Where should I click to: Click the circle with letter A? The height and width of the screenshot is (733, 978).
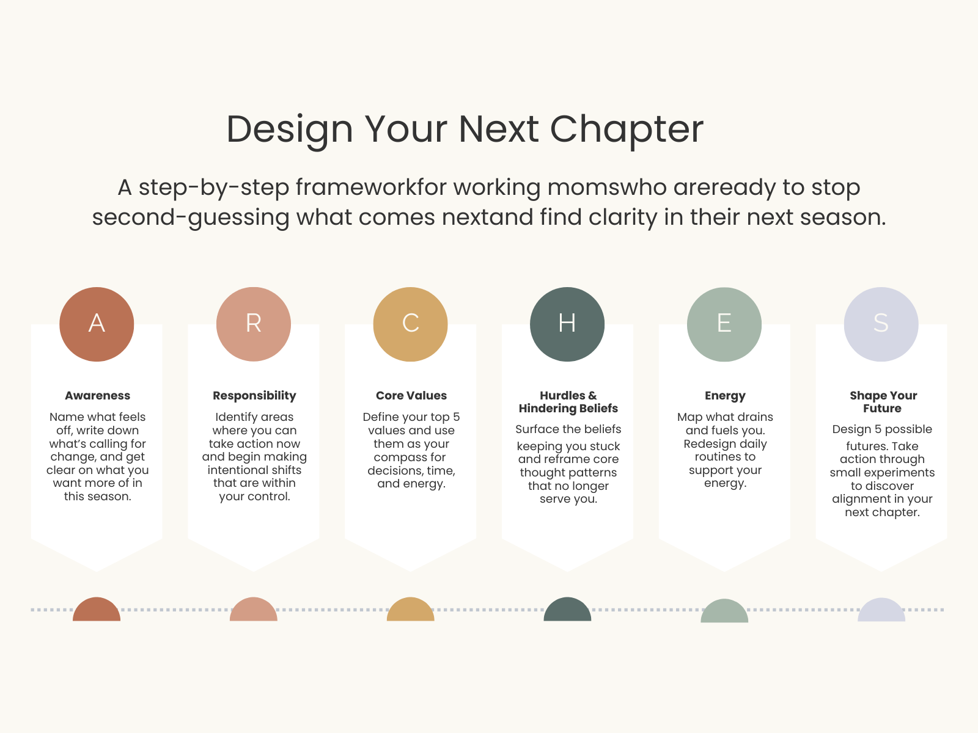coord(97,324)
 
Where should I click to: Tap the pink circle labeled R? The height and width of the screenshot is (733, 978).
coord(254,324)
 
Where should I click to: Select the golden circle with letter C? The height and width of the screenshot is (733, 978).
coord(410,324)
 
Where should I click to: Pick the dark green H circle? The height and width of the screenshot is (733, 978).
coord(567,324)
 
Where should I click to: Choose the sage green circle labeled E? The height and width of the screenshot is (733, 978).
coord(724,324)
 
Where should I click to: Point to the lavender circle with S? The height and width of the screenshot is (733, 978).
coord(881,324)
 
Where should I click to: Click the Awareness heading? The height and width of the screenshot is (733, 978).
coord(98,395)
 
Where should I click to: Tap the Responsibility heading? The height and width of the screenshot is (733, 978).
coord(254,396)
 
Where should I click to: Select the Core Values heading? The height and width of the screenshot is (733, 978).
coord(411,395)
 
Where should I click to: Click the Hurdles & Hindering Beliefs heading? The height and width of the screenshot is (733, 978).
coord(568,402)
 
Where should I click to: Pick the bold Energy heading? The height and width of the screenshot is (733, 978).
coord(725,396)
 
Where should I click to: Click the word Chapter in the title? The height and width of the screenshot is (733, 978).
coord(627,130)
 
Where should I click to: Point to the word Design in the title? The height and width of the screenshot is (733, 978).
coord(290,130)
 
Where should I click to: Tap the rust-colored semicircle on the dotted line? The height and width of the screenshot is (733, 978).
coord(97,609)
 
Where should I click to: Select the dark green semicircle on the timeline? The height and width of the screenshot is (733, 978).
coord(567,609)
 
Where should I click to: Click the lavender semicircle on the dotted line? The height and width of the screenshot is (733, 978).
coord(881,610)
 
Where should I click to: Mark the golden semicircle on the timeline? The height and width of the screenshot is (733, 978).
coord(410,609)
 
